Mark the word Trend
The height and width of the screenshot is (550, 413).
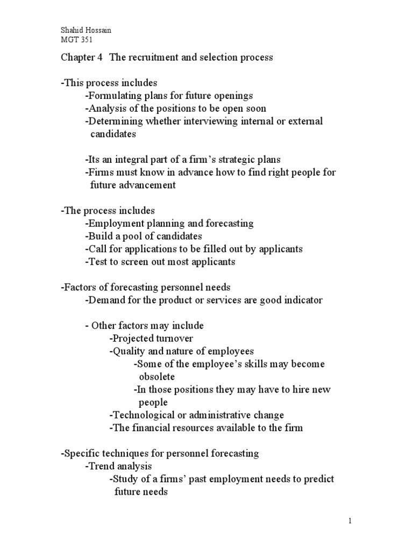101,466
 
